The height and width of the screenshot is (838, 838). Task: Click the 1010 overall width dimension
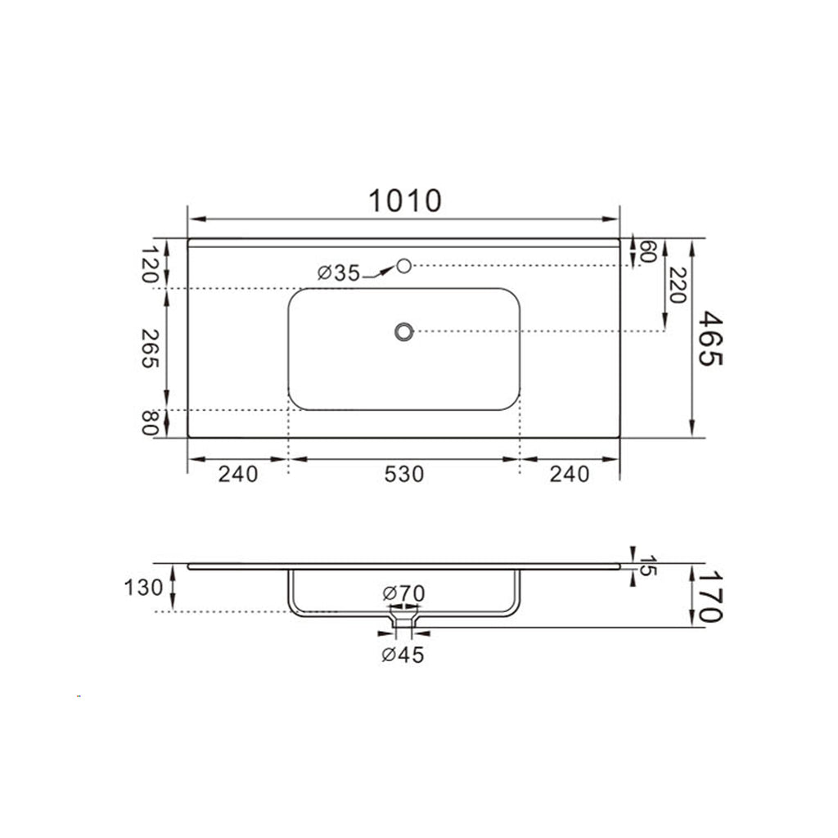tap(404, 200)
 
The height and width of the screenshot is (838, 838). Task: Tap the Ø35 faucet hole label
tap(338, 273)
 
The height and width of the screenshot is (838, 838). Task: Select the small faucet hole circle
tap(403, 265)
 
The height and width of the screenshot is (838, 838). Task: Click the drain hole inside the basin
tap(403, 331)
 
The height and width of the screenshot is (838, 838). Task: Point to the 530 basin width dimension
tap(404, 474)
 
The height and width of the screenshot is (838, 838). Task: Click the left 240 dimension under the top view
tap(237, 474)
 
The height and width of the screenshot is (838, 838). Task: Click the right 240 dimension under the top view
tap(570, 474)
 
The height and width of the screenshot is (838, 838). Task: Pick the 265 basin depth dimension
tap(149, 348)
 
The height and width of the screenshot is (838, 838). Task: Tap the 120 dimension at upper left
tap(149, 264)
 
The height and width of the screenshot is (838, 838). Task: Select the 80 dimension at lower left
tap(149, 423)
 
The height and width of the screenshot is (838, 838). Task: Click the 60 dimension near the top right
tap(648, 251)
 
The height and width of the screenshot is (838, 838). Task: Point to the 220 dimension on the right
tap(676, 285)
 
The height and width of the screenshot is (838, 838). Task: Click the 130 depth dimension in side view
tap(143, 588)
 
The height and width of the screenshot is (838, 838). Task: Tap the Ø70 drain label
tap(403, 592)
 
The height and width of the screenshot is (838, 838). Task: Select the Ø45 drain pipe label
tap(403, 655)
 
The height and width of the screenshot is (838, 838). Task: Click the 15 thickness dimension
tap(647, 565)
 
